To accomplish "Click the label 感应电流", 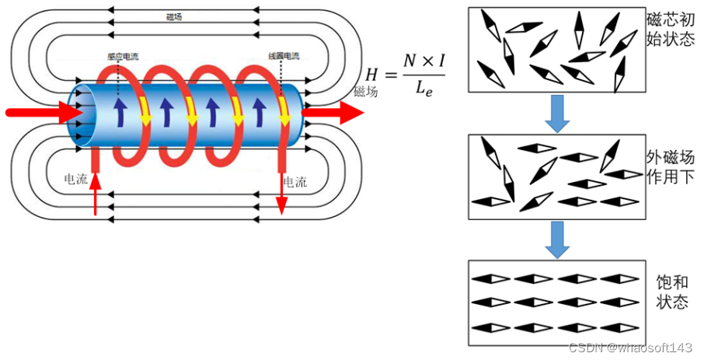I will (x=124, y=57).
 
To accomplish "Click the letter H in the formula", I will (x=374, y=75).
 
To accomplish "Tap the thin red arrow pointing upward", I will (x=96, y=194).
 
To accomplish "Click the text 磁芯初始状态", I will (x=670, y=28).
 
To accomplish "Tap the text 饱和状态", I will (x=669, y=292).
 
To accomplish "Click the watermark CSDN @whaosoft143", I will (x=630, y=348).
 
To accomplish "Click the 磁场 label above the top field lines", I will (x=175, y=16).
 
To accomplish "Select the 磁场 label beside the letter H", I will (x=365, y=92).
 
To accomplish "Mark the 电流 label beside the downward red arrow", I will (x=295, y=183).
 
